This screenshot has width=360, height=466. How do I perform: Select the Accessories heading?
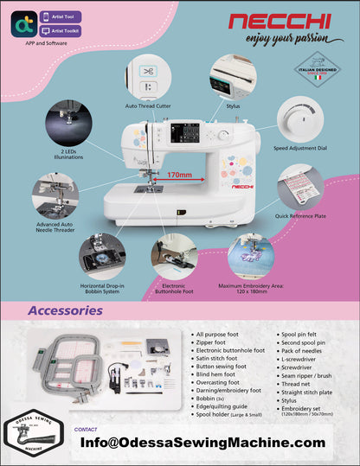(66, 310)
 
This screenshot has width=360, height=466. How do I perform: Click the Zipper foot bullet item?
(219, 342)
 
